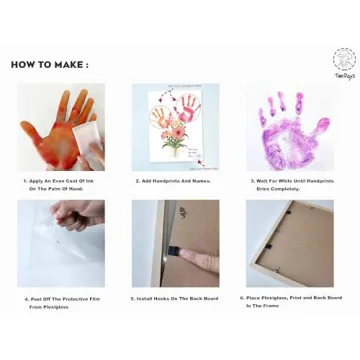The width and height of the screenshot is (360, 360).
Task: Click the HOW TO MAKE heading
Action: (49, 65)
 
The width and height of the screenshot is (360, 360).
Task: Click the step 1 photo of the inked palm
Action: (60, 127)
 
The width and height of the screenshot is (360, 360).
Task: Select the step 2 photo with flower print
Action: (175, 127)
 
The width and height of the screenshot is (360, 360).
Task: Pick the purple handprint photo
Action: (289, 127)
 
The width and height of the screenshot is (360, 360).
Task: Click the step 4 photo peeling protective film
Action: (60, 243)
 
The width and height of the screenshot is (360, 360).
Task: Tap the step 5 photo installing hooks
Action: (175, 243)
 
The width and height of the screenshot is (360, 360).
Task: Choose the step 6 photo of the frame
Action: (289, 243)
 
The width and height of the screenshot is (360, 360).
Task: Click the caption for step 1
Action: (60, 184)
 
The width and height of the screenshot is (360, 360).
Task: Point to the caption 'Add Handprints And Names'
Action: (175, 181)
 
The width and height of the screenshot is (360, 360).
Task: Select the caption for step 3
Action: (289, 184)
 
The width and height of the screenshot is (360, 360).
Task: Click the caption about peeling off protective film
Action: (60, 300)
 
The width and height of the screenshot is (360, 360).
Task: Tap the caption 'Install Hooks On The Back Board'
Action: (175, 298)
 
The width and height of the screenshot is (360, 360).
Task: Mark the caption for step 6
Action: (289, 300)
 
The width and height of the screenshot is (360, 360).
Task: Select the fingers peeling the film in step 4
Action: (75, 212)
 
